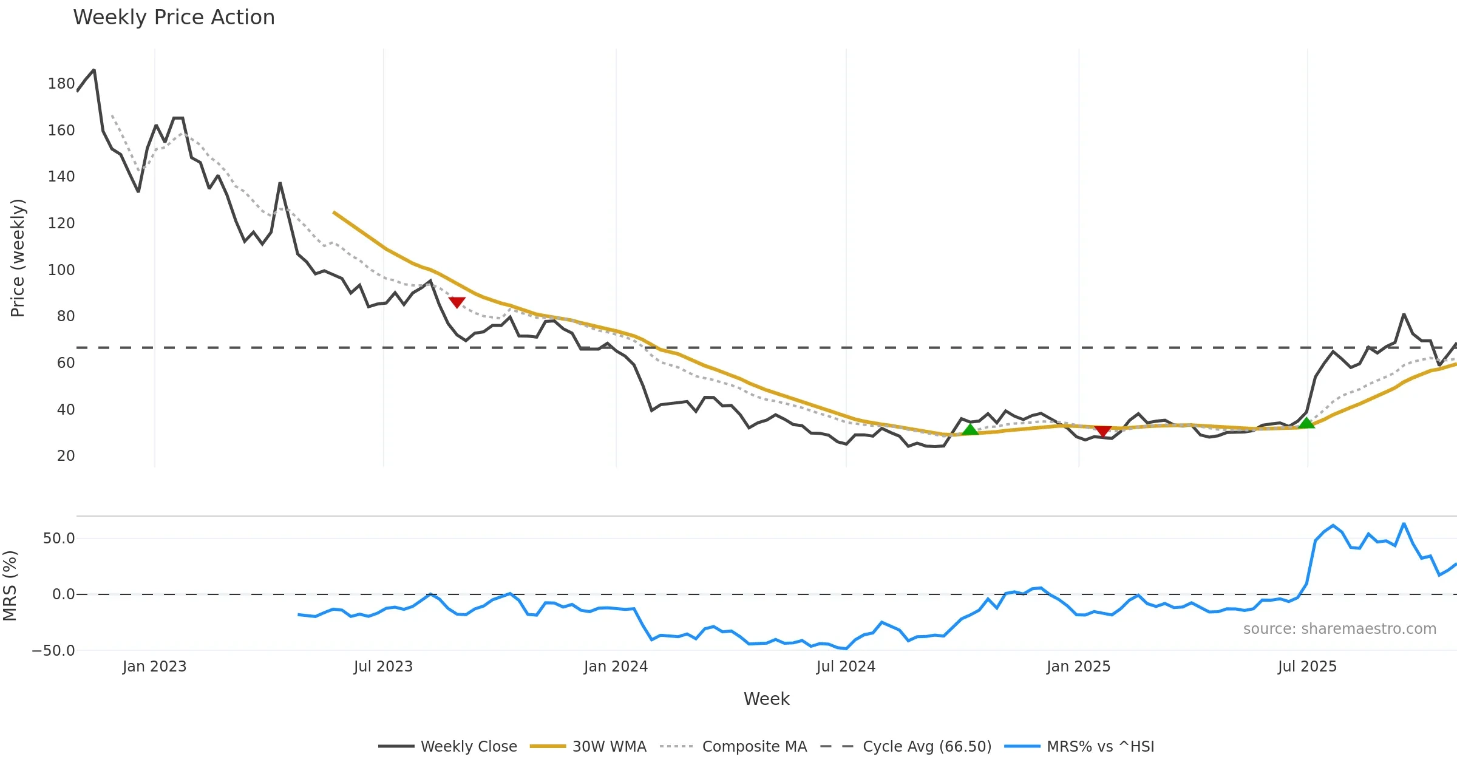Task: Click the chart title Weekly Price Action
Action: pyautogui.click(x=174, y=18)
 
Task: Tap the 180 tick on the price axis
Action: pyautogui.click(x=61, y=84)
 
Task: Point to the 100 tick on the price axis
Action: pyautogui.click(x=61, y=270)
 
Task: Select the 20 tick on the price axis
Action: pyautogui.click(x=66, y=456)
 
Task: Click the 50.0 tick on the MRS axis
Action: pyautogui.click(x=59, y=539)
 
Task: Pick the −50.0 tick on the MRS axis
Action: pyautogui.click(x=53, y=651)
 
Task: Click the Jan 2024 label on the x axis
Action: pyautogui.click(x=616, y=667)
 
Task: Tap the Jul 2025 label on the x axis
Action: pyautogui.click(x=1307, y=667)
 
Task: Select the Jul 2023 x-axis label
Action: pyautogui.click(x=383, y=667)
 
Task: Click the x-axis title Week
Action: pyautogui.click(x=766, y=699)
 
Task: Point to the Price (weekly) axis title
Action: pyautogui.click(x=18, y=258)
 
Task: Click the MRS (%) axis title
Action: pyautogui.click(x=10, y=586)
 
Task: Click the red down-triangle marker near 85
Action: pyautogui.click(x=457, y=302)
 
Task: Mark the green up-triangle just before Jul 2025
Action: pyautogui.click(x=1306, y=423)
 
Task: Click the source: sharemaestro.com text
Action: pyautogui.click(x=1339, y=629)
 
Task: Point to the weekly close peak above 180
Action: pyautogui.click(x=93, y=70)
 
